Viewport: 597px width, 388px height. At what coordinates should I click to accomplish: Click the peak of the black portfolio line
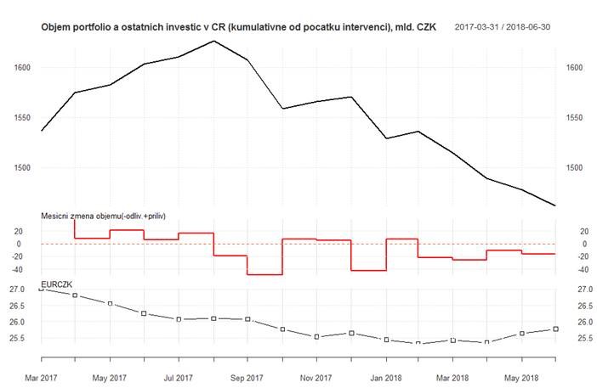[213, 41]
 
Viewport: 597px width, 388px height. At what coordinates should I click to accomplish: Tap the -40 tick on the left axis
[25, 269]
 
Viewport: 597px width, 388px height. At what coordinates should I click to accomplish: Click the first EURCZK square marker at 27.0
[41, 290]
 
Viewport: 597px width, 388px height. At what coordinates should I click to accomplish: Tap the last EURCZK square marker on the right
[555, 329]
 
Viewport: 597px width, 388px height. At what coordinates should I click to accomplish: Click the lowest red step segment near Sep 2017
[264, 274]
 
